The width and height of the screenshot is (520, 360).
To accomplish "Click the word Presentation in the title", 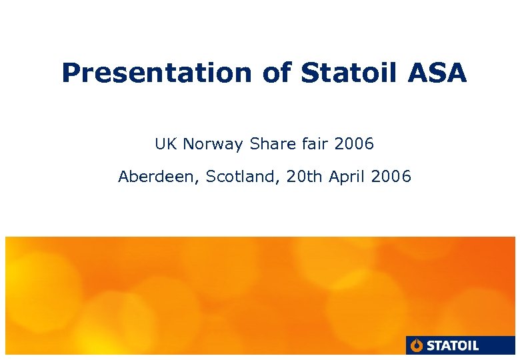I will point(157,73).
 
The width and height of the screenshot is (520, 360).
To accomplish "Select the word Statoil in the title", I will point(351,73).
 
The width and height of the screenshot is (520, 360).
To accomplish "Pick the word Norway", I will point(213,144).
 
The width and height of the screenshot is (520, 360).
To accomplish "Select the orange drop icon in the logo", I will point(417,345).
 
